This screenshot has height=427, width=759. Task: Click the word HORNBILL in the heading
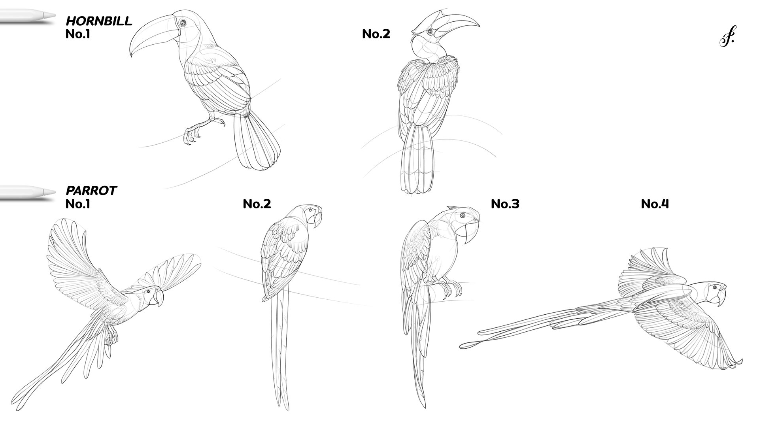[99, 21]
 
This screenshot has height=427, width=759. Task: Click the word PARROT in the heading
[91, 191]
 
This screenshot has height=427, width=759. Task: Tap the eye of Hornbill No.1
[182, 23]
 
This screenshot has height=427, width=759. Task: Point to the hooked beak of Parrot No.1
[159, 298]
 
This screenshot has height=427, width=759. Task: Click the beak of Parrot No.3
[472, 234]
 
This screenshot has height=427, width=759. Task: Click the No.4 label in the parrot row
[655, 204]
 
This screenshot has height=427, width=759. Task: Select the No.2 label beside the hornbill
[376, 34]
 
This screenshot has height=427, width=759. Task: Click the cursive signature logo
[727, 38]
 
